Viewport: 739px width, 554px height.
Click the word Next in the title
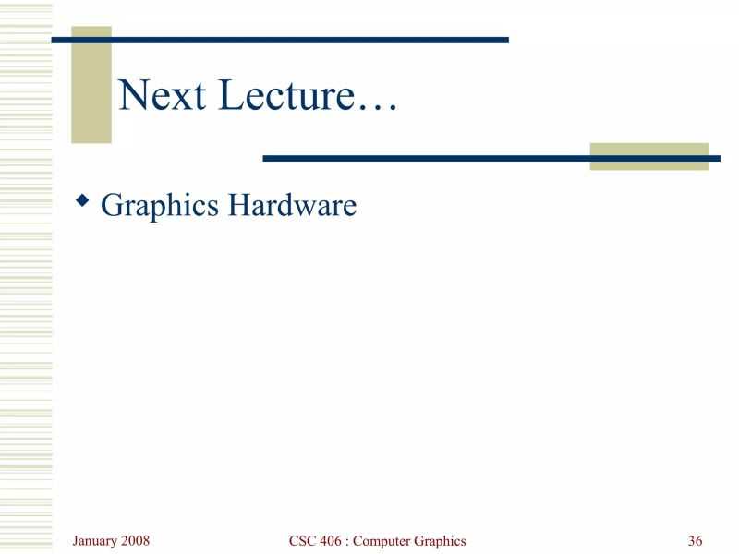click(162, 95)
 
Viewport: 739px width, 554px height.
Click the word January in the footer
click(95, 540)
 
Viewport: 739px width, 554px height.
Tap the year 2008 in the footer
click(135, 540)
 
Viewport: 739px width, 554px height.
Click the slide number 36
click(696, 541)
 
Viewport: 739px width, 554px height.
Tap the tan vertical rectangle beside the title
click(91, 85)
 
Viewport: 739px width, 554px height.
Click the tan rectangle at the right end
click(649, 157)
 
